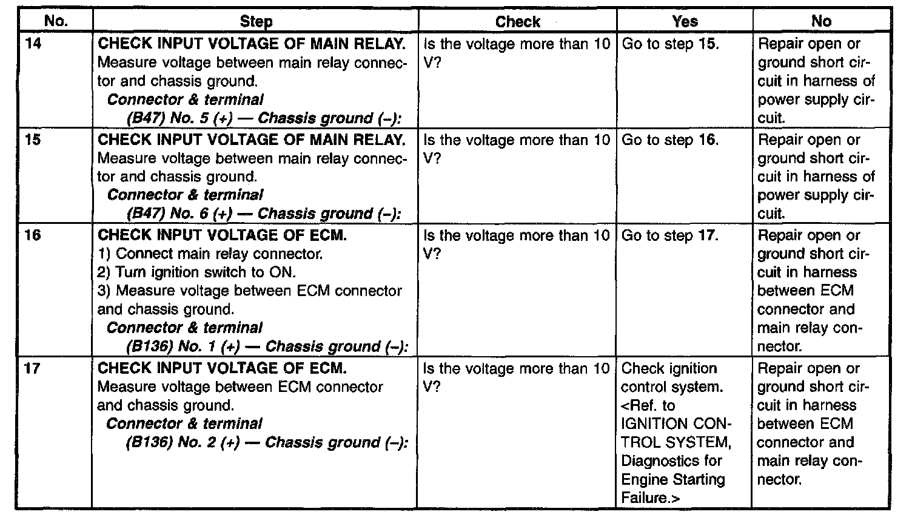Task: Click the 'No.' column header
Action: tap(56, 21)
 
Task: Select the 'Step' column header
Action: tap(256, 22)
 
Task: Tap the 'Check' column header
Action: tap(517, 22)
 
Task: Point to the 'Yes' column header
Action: tap(685, 22)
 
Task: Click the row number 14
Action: tap(34, 44)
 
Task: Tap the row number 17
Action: tap(33, 368)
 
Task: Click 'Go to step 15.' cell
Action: tap(670, 44)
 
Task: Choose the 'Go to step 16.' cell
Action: tap(670, 140)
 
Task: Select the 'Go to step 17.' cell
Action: tap(670, 235)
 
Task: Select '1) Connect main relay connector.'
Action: tap(210, 254)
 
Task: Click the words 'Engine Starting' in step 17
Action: tap(673, 480)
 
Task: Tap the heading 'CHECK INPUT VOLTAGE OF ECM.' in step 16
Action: tap(222, 235)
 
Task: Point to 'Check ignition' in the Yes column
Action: tap(669, 368)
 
